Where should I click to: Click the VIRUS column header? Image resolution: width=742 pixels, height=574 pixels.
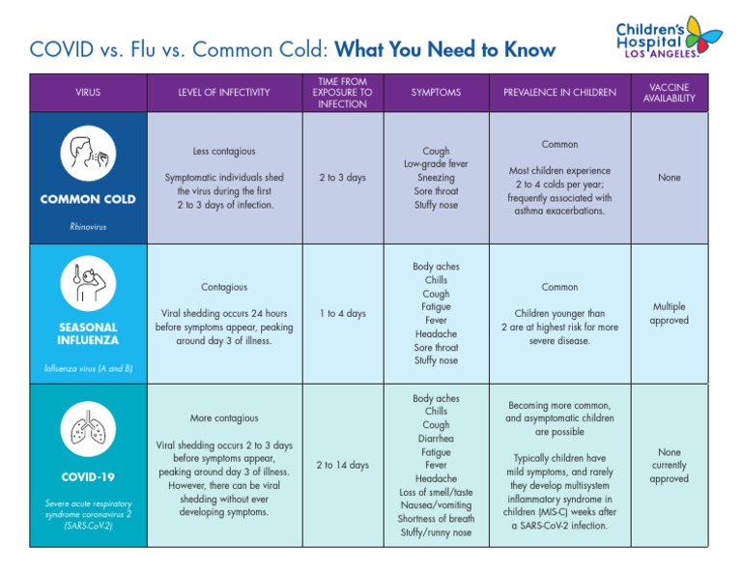pos(87,93)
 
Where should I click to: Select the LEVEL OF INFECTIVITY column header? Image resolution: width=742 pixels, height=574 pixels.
pos(224,93)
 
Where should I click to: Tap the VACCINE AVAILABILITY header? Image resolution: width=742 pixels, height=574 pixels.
pos(669,93)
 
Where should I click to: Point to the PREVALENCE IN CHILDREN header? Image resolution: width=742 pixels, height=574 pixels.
pos(559,93)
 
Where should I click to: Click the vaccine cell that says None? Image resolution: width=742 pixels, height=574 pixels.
pos(669,178)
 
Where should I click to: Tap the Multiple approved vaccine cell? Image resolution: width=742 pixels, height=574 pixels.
pos(669,313)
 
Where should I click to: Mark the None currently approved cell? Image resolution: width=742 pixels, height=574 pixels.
pos(669,465)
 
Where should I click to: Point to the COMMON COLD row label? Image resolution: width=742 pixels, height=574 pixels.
pos(87,199)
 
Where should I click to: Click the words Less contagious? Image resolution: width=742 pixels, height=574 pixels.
pos(224,152)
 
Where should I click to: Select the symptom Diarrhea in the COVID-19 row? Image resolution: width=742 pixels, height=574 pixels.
pos(436,439)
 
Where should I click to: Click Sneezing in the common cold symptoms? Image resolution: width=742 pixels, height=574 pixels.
pos(436,178)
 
